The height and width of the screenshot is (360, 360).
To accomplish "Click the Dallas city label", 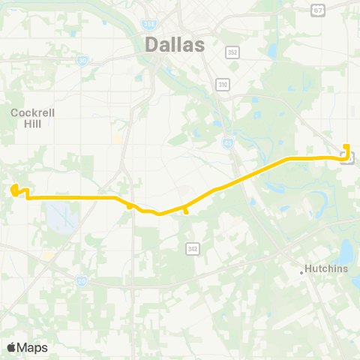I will (x=174, y=45).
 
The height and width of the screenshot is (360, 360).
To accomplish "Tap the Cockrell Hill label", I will (x=30, y=118).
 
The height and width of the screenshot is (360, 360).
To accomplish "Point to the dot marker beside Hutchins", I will (x=302, y=272).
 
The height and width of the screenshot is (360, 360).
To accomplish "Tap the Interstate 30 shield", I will (x=82, y=59).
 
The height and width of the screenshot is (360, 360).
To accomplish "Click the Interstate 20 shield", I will (x=81, y=280).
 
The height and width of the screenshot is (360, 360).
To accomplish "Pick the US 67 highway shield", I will (x=318, y=10).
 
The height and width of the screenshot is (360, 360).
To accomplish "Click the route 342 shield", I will (x=192, y=247).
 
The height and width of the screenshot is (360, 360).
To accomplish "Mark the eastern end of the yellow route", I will (x=346, y=145).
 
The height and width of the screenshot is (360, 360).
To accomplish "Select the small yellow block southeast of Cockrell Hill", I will (x=117, y=139).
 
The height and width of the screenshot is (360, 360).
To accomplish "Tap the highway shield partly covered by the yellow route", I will (x=347, y=157).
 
